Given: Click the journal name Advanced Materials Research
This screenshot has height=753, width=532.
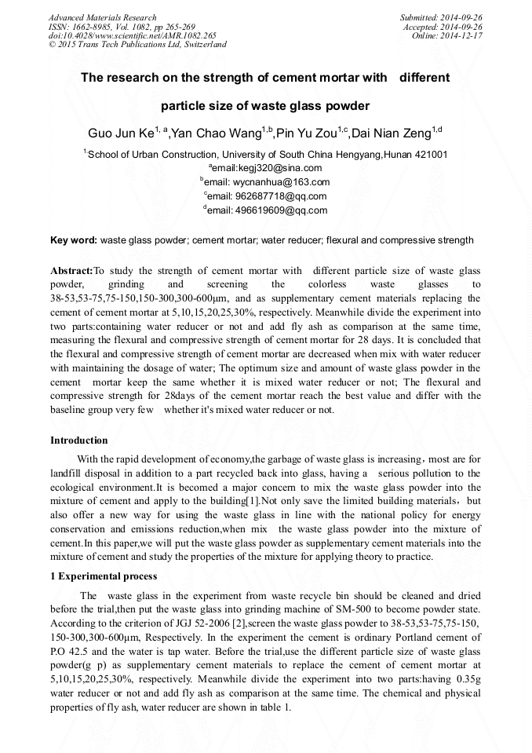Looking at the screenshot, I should [x=102, y=17].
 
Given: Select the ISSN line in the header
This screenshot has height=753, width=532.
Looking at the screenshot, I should [x=122, y=27].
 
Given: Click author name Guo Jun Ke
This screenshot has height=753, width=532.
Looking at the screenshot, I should [x=120, y=133].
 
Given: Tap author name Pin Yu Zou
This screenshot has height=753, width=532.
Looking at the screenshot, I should [x=307, y=133].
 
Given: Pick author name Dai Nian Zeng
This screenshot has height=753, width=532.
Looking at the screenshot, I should [x=393, y=133].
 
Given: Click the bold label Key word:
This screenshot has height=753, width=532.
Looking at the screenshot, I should [x=74, y=239].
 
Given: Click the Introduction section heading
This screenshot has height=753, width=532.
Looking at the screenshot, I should [x=79, y=440].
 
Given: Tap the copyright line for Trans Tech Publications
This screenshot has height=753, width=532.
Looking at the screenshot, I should [x=137, y=45].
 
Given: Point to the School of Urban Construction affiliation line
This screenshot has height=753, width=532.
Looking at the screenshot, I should [x=266, y=154].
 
